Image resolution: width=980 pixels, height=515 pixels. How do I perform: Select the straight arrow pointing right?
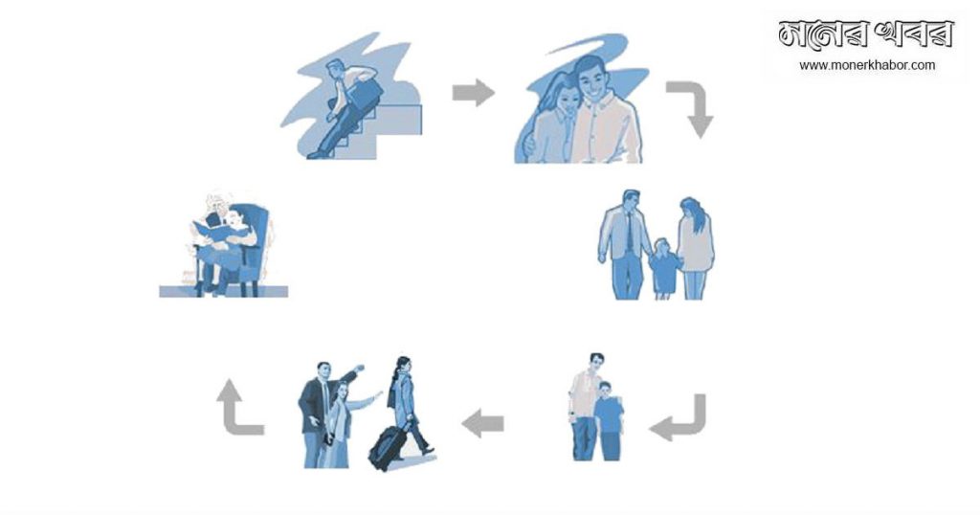tap(473, 93)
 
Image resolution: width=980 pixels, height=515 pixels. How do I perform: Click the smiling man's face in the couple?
tap(590, 80)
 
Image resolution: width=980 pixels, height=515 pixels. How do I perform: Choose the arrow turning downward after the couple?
tap(694, 105)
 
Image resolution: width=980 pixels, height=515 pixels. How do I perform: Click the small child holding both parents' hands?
tap(663, 269)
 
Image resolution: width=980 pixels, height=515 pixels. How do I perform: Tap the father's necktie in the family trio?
tap(630, 232)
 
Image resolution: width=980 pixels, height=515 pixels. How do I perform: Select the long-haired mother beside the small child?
tap(695, 248)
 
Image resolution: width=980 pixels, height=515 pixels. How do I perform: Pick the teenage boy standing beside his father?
tap(608, 421)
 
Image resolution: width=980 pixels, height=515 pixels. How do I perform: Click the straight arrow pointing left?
tap(482, 424)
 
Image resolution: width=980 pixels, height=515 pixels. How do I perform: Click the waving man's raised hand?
tap(359, 368)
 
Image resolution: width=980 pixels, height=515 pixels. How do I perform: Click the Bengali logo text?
tap(865, 34)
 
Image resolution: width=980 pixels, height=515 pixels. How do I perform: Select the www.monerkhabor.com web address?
tap(867, 65)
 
